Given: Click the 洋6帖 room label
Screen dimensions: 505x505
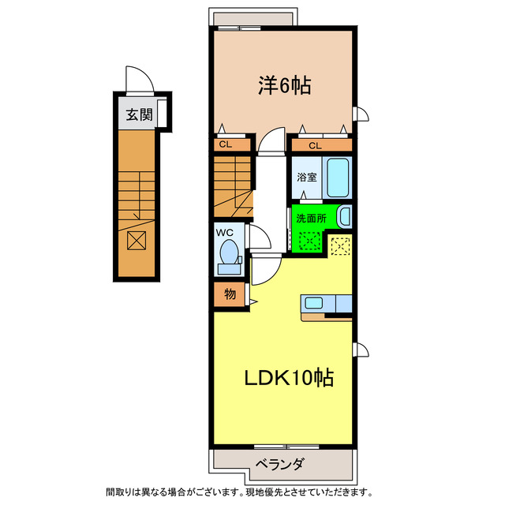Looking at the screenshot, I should point(283,85).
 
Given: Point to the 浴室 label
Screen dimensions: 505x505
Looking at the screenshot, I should point(307,178).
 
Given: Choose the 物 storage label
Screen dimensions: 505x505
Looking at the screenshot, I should point(230,295).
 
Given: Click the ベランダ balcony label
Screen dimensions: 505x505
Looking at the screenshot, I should point(279,463).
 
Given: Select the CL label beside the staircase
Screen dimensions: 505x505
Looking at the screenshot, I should point(225,144).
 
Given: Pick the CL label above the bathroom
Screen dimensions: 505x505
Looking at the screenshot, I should point(315,144).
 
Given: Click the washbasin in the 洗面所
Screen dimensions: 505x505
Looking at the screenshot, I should point(344,215).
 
